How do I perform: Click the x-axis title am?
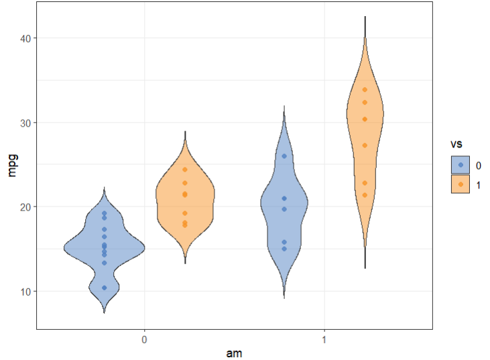coord(234,353)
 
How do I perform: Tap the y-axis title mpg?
coord(11,165)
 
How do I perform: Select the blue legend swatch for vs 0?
coord(461,165)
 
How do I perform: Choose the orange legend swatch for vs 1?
coord(461,184)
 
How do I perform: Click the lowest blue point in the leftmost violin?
coord(105,288)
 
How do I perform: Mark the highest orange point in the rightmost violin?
coord(365,90)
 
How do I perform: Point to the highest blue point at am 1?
coord(284,156)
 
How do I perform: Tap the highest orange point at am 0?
coord(185,170)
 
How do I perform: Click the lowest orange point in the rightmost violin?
coord(365,195)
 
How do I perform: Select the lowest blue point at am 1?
coord(284,249)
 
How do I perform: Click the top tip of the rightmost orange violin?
coord(365,17)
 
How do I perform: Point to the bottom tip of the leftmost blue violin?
coord(105,312)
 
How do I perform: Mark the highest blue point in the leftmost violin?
coord(105,213)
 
